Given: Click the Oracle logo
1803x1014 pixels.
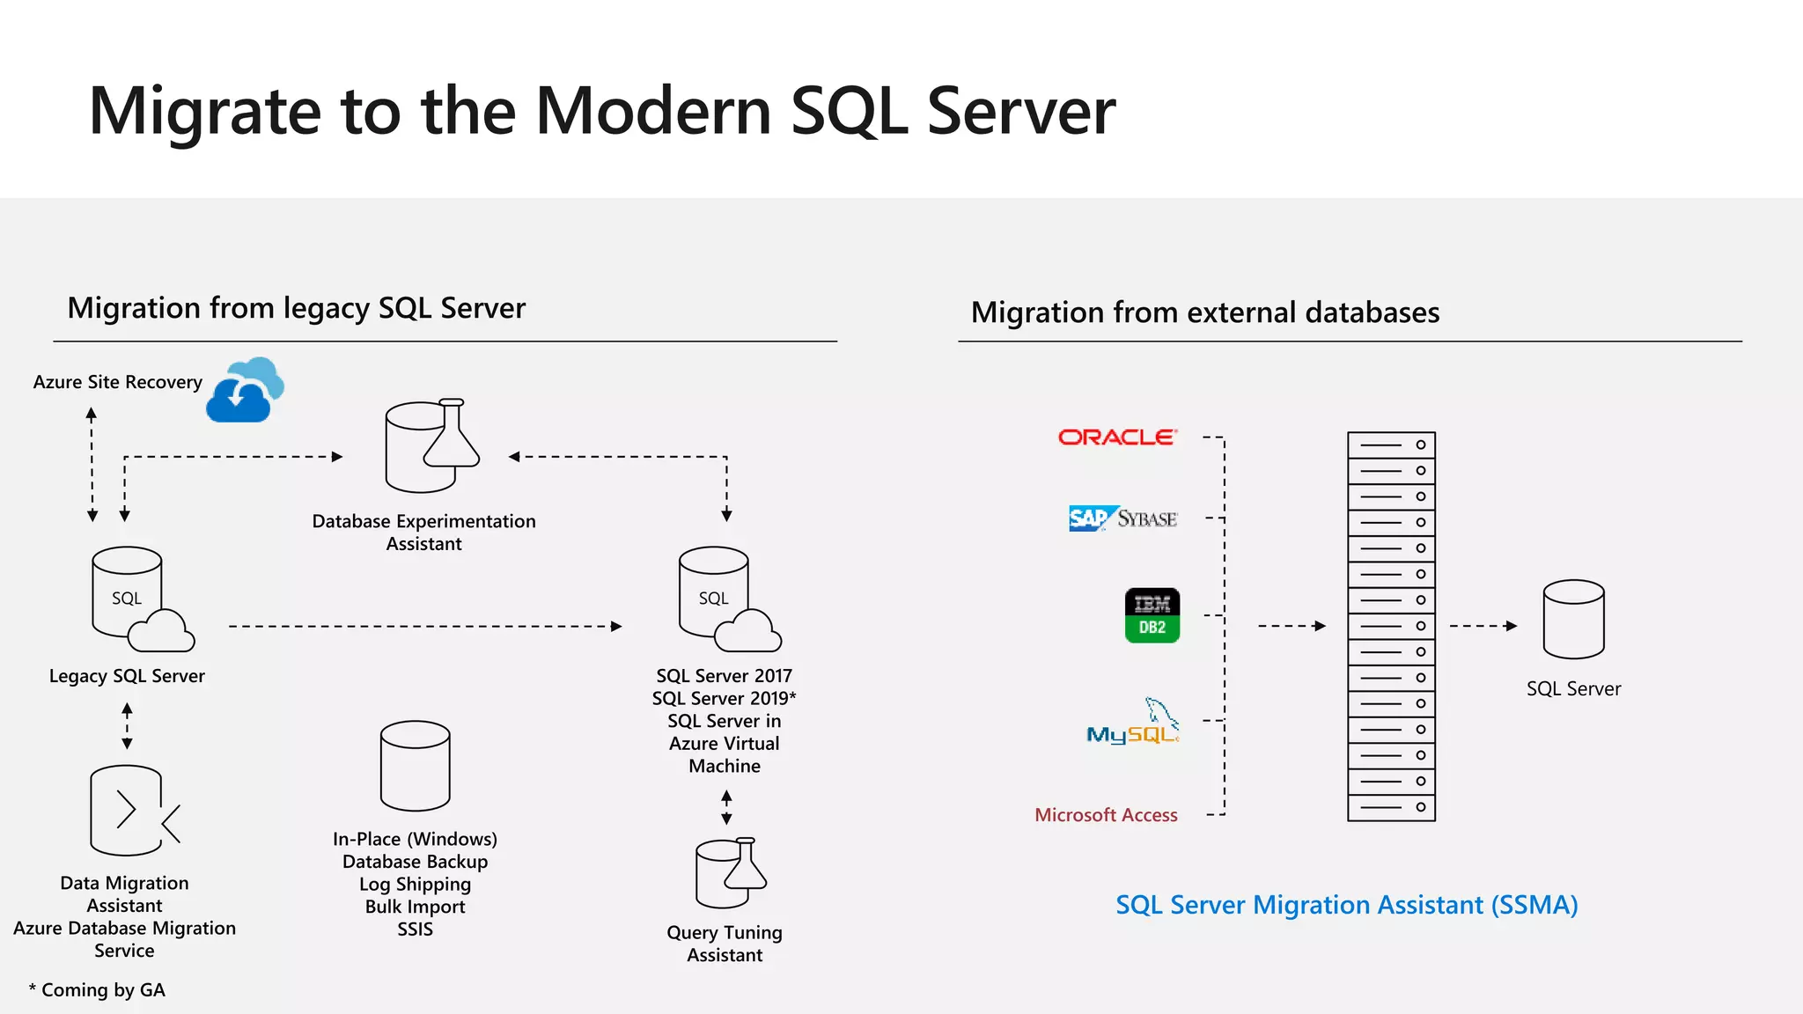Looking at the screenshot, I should coord(1117,437).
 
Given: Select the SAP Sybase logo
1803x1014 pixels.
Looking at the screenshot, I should coord(1122,518).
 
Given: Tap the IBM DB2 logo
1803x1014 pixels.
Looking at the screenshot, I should coord(1152,615).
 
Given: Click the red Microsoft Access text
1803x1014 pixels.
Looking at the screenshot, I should coord(1106,815).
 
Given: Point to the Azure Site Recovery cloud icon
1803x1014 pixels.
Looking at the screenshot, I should coord(246,391).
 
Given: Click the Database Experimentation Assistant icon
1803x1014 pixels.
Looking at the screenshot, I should coord(431,445).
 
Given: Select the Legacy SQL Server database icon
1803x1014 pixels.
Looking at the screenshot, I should coord(141,599).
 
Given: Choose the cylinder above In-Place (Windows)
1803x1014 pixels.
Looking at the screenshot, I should coord(415,766).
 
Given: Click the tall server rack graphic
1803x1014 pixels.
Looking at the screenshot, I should coord(1391,626).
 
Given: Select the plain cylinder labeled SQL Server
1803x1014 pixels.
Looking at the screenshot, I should coord(1573,619).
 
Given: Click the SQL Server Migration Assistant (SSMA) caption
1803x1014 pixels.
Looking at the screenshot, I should coord(1346,905).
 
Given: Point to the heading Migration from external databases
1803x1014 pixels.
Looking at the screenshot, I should coord(1204,312).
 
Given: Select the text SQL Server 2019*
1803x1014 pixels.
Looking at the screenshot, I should coord(724,698).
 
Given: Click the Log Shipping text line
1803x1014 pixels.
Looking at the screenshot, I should coord(415,884).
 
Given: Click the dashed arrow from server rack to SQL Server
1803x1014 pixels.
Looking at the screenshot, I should coord(1483,626).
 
